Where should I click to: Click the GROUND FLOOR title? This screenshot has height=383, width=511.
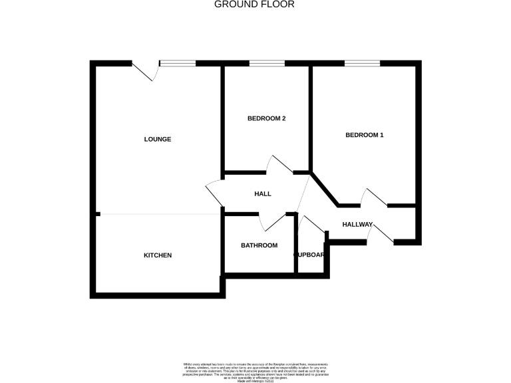[x=255, y=5]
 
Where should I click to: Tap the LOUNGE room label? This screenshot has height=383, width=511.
[x=158, y=140]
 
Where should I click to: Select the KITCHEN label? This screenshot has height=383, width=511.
[x=158, y=255]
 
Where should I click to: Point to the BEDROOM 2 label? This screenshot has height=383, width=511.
[x=266, y=119]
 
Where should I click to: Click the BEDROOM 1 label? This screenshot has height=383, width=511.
[x=364, y=135]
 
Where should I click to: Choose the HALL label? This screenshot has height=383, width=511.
[x=263, y=194]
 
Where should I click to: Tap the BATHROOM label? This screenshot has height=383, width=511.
[x=259, y=245]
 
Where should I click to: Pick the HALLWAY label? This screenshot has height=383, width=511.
[x=357, y=224]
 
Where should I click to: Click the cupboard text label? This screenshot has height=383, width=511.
[x=310, y=255]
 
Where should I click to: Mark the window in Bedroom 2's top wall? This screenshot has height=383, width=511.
[x=267, y=63]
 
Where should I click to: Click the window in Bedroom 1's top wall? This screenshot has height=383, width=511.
[x=362, y=63]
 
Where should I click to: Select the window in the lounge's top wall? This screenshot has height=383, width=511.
[x=178, y=63]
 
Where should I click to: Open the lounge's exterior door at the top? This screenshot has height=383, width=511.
[x=146, y=70]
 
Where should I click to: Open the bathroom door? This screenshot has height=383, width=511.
[x=273, y=223]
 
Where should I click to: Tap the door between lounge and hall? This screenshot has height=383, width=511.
[x=215, y=193]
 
